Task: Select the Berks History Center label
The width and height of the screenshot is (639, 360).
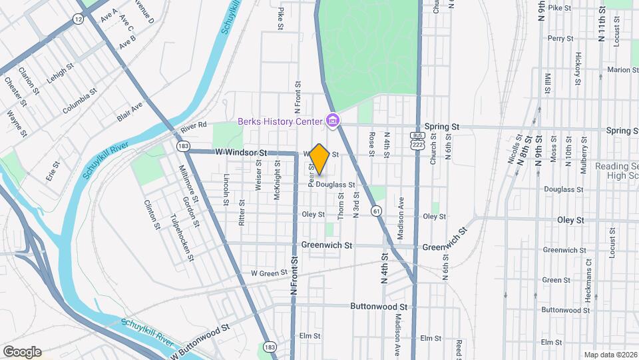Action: click(280, 121)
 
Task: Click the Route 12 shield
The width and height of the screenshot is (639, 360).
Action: click(79, 20)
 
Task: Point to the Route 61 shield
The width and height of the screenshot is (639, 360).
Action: click(377, 211)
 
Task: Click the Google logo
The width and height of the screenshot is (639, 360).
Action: click(21, 351)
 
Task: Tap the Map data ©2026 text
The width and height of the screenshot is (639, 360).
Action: click(610, 355)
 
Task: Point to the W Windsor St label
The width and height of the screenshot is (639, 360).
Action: click(240, 153)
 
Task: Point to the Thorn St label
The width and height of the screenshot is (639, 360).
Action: click(341, 205)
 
